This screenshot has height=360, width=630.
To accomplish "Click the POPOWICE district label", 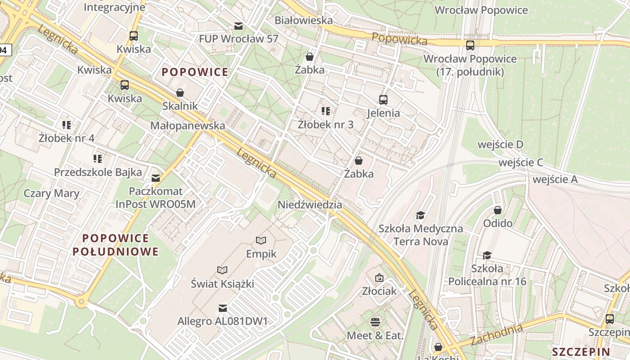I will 195,72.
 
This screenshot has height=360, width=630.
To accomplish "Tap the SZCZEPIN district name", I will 581,352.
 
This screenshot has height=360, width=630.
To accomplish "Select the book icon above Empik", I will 261,240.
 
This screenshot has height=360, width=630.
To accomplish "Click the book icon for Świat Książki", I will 222,270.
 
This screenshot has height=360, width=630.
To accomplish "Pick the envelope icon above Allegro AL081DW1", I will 222,308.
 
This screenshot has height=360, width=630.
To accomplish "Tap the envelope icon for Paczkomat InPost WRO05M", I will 156,178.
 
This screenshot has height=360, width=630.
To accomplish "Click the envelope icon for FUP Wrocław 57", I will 238,26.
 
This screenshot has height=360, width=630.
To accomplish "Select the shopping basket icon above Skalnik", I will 180,93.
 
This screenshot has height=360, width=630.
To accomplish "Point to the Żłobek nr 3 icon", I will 326,111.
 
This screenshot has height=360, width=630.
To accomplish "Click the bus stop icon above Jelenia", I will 383,100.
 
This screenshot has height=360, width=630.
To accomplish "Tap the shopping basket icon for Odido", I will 498,210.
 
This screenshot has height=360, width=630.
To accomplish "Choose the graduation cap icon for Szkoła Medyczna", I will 420,216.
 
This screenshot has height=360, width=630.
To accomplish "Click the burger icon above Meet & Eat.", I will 375,322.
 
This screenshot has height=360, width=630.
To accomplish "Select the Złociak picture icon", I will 379,278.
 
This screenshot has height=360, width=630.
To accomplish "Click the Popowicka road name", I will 399,40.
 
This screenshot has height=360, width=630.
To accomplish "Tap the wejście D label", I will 500,144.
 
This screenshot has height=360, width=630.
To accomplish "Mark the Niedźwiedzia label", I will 310,205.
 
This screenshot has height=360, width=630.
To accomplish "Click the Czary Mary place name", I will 51,193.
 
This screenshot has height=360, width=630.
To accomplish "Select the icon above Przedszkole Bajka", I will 98,159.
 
